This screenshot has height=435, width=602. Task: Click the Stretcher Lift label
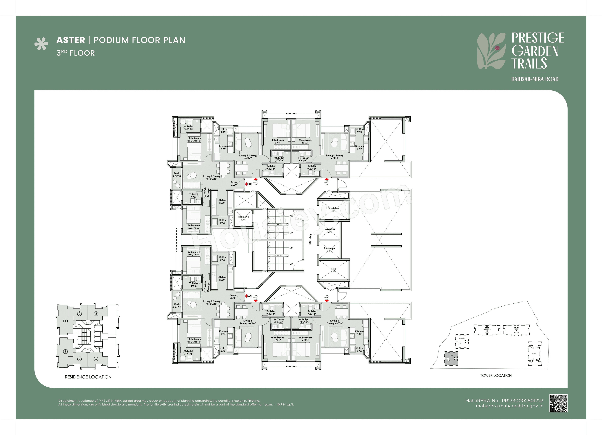[333, 210]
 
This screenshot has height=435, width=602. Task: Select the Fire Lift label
[333, 270]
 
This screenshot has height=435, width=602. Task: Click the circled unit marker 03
[327, 182]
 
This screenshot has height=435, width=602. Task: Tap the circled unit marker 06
[327, 297]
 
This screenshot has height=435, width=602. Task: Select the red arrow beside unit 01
[246, 184]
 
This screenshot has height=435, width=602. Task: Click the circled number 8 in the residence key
[65, 352]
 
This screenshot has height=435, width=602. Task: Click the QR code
[558, 403]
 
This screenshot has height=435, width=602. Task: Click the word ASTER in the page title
[71, 40]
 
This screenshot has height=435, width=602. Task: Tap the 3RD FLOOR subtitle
[76, 53]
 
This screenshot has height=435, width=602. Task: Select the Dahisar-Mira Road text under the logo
[535, 79]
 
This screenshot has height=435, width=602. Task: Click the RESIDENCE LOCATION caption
[88, 377]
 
